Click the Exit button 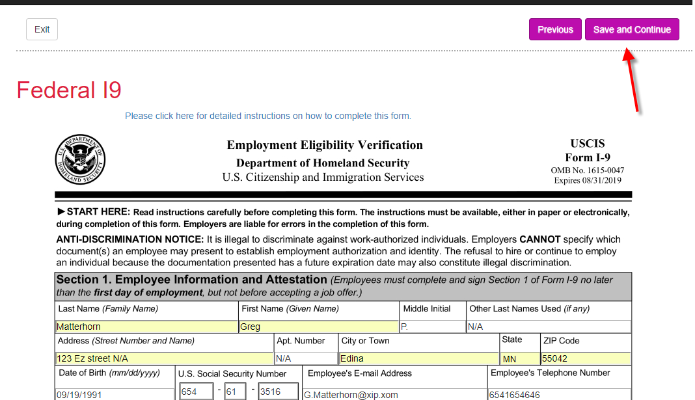pos(42,29)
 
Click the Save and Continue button pos(632,29)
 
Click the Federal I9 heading pos(69,90)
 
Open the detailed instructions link pos(268,116)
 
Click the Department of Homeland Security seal pos(80,160)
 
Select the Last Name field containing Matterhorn pos(146,327)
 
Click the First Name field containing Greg pos(318,327)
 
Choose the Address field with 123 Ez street pos(165,358)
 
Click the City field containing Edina pos(418,358)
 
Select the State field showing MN pos(519,358)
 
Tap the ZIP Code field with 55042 pos(586,358)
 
